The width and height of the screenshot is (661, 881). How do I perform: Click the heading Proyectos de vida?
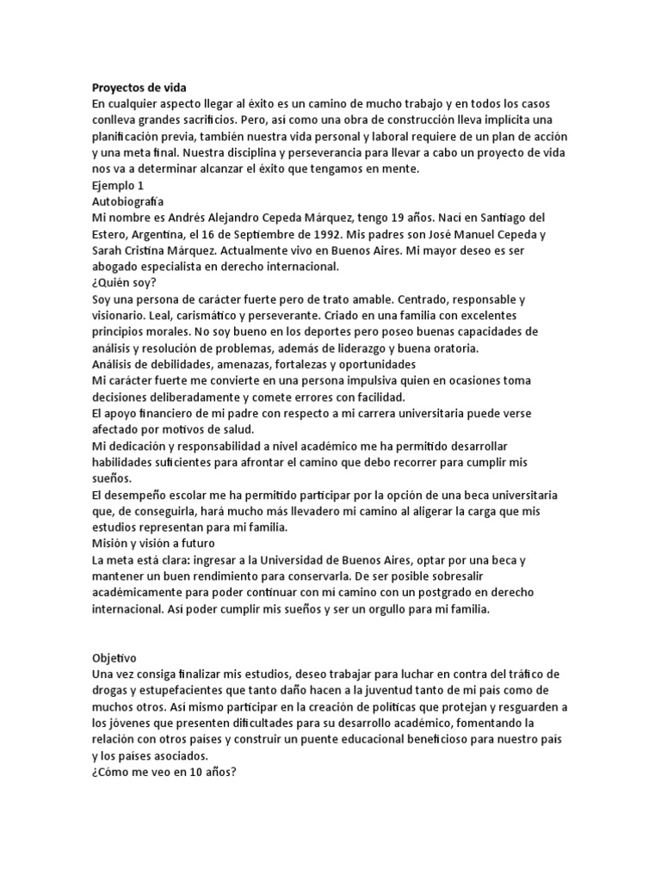pos(138,88)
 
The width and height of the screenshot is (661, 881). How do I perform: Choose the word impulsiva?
pos(382,380)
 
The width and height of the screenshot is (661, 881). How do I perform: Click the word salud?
pos(251,429)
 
